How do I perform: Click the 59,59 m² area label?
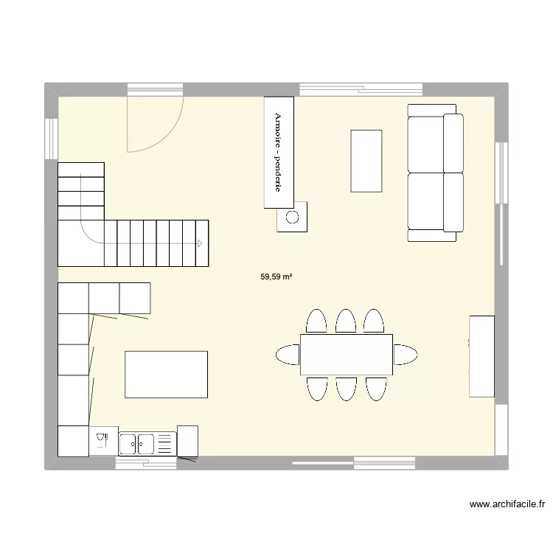click(276, 277)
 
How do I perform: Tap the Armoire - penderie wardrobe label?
click(279, 152)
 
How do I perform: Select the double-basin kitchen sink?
click(137, 443)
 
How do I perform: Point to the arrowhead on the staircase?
click(199, 243)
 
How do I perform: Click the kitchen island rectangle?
click(167, 375)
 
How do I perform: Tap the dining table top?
click(346, 355)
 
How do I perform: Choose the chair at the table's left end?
click(287, 355)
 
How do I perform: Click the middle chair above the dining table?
click(346, 321)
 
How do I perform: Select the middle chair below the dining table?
click(346, 389)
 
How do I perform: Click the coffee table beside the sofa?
click(366, 160)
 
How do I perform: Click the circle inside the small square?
click(293, 217)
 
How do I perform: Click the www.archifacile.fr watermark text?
click(508, 505)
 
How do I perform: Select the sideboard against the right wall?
click(482, 355)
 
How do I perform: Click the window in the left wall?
click(51, 138)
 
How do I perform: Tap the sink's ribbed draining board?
click(165, 443)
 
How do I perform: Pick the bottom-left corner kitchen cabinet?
click(73, 442)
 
